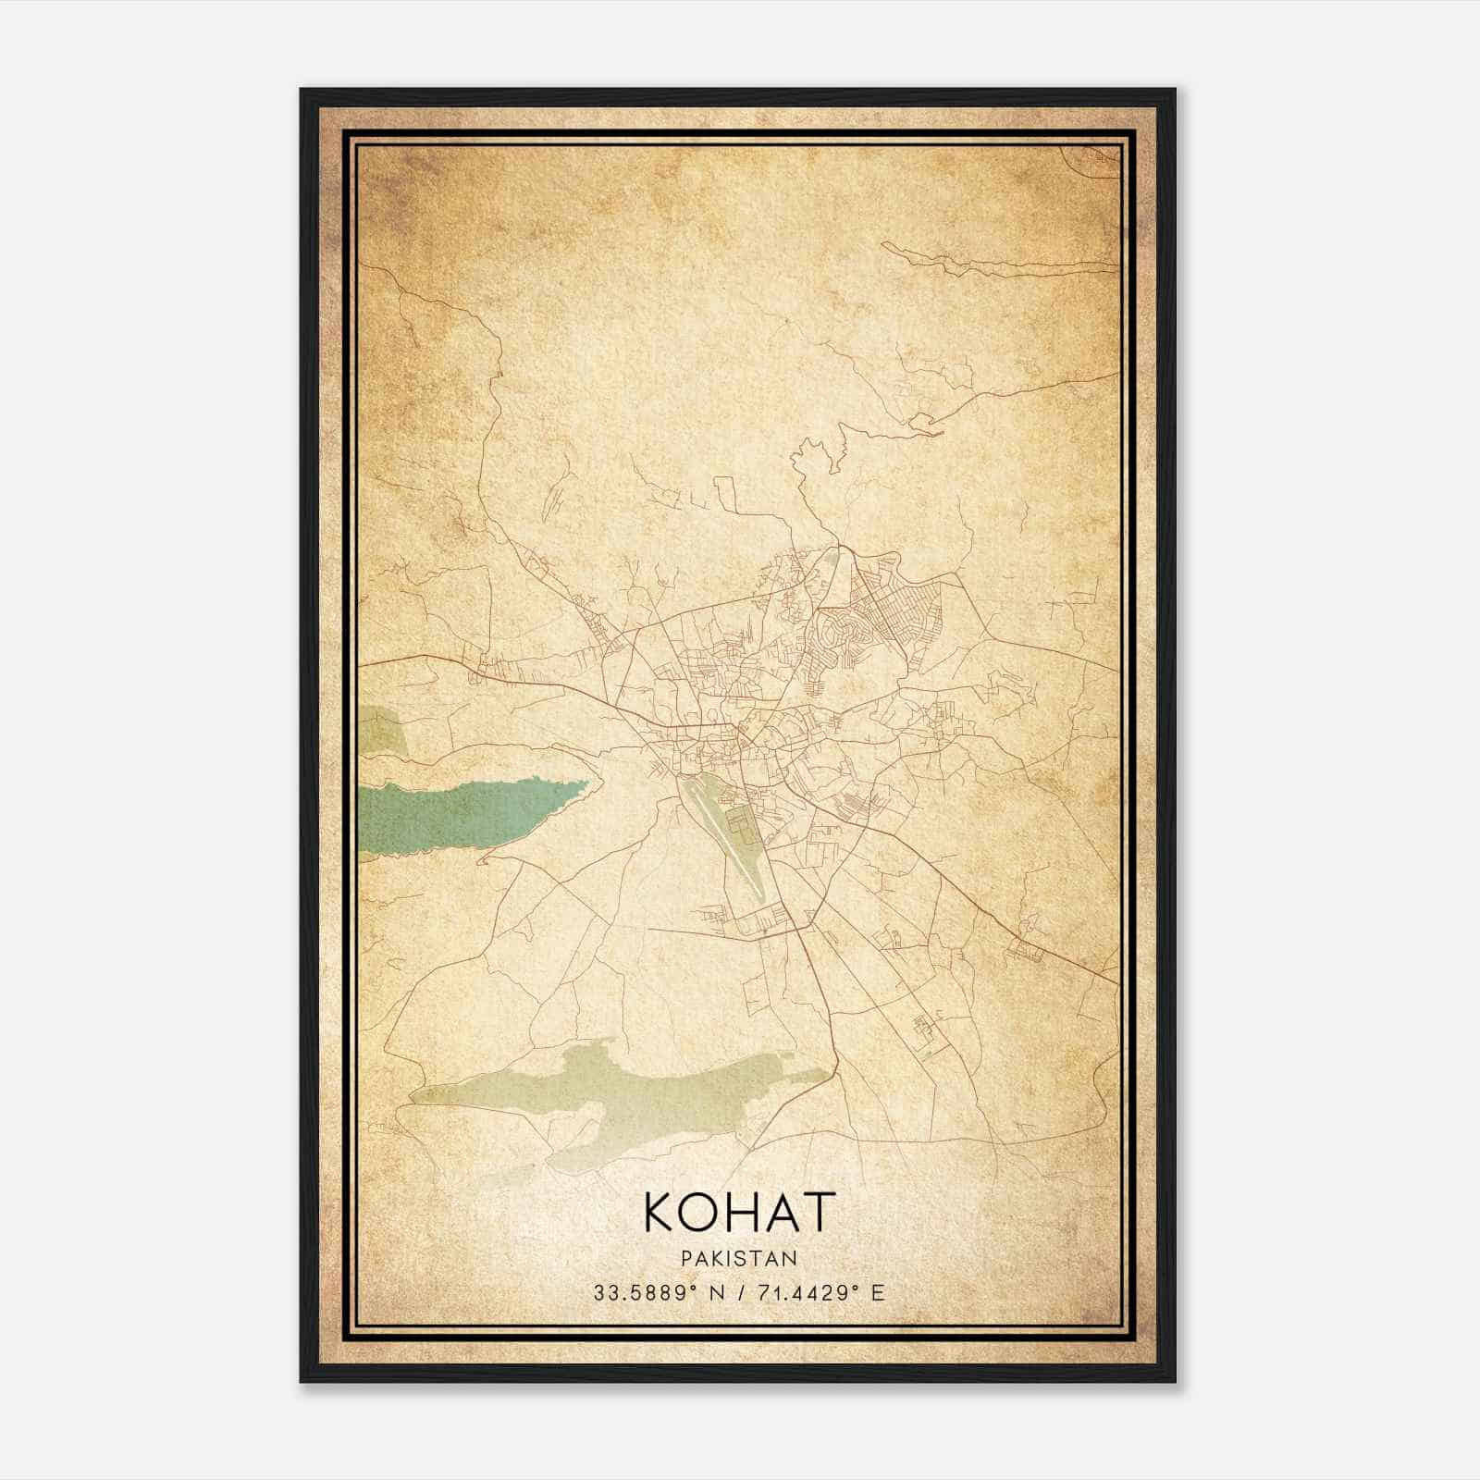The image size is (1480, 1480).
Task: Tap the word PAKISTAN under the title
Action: [739, 1258]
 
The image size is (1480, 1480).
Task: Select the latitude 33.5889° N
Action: [658, 1292]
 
